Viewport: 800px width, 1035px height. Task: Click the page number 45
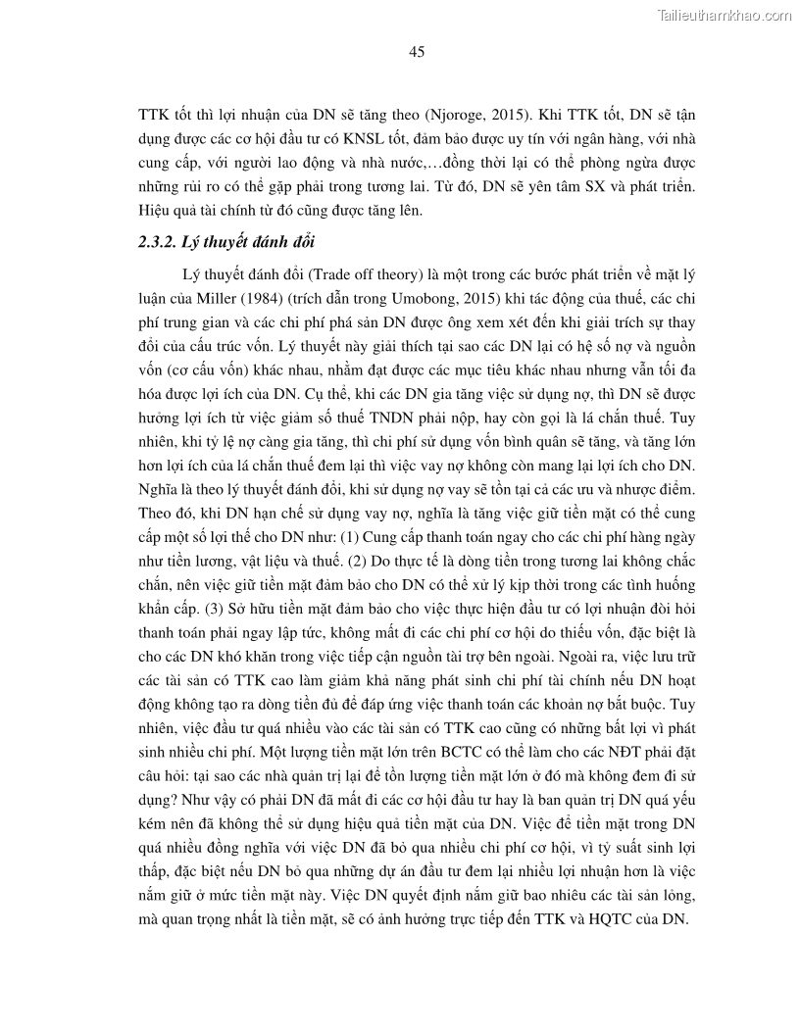click(416, 52)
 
